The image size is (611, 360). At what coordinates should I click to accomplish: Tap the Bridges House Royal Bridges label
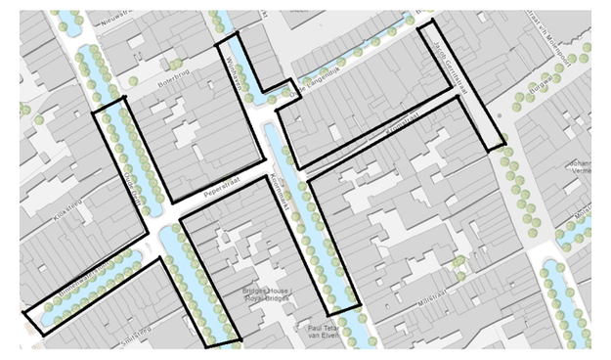[266, 297]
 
